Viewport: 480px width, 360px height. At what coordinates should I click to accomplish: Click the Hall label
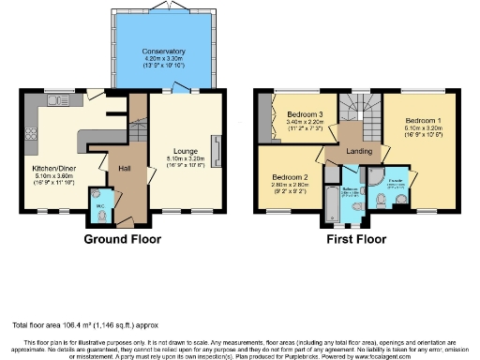(124, 169)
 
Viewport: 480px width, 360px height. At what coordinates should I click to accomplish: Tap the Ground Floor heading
(123, 239)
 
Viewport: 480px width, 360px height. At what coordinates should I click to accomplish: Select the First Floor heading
(352, 239)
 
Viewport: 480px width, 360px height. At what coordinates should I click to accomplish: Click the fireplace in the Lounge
(217, 150)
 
